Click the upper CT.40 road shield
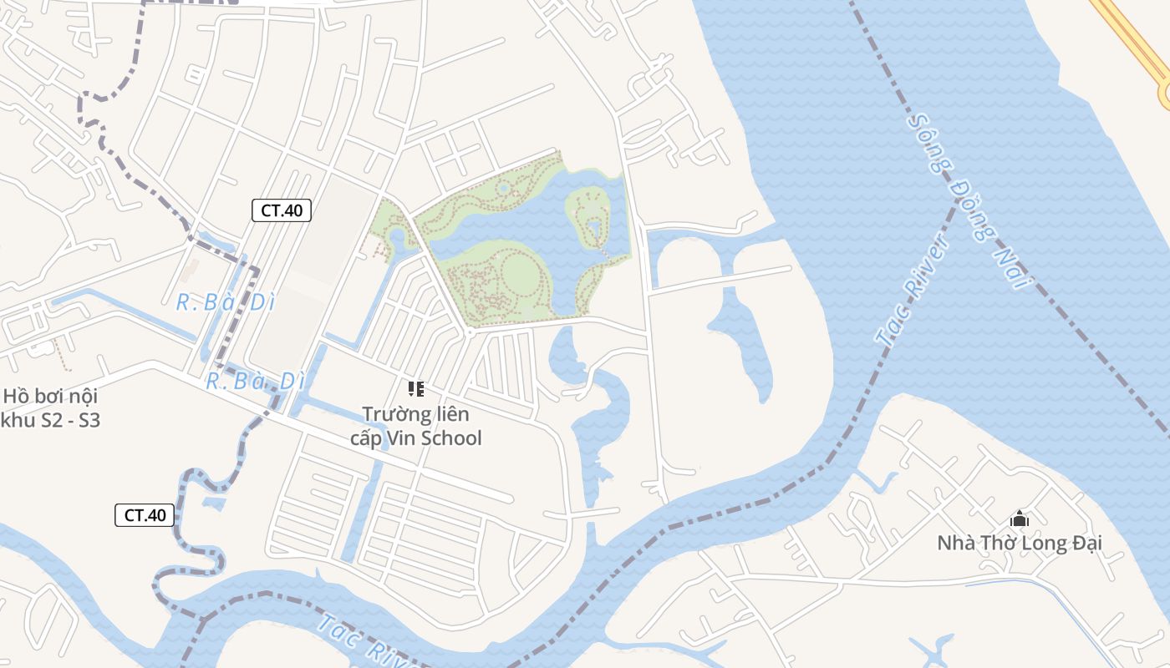(x=282, y=210)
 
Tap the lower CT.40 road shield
(x=145, y=515)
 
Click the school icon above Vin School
(x=415, y=388)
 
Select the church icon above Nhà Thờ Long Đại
(x=1019, y=519)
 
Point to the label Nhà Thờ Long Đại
(x=1019, y=544)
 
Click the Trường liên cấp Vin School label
(x=415, y=426)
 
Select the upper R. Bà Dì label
(x=226, y=302)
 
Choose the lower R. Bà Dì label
(x=255, y=382)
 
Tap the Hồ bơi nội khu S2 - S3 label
(x=50, y=408)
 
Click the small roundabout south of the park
(x=470, y=332)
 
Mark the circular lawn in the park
(x=520, y=272)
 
